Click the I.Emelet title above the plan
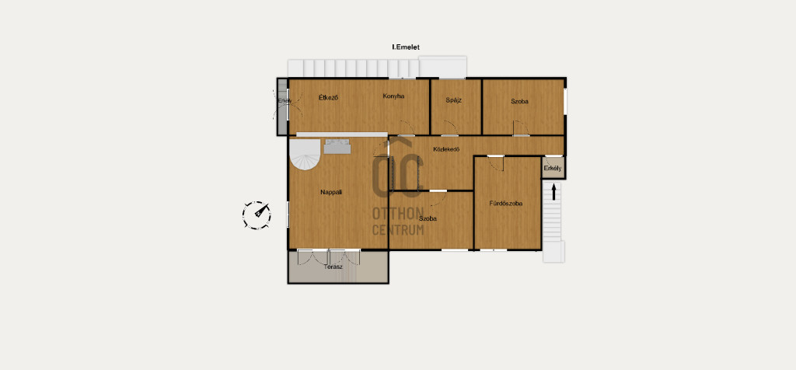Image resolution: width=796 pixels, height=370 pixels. click(x=406, y=47)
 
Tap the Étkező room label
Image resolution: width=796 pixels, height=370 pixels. click(x=329, y=97)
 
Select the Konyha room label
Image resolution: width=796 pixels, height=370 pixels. click(x=393, y=96)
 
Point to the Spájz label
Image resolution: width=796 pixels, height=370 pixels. click(x=454, y=100)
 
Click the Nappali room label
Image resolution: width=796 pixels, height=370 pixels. click(x=331, y=192)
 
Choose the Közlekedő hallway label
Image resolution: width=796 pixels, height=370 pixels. click(x=446, y=149)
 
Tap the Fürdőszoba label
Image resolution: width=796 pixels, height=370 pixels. click(x=506, y=204)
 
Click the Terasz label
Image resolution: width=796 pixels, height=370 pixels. click(x=333, y=267)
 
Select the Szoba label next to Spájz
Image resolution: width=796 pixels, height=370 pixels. click(x=519, y=101)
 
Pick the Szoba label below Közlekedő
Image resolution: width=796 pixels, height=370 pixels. click(x=428, y=218)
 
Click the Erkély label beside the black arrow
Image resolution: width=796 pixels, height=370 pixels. click(x=553, y=169)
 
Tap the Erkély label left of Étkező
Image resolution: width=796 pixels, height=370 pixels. click(x=285, y=100)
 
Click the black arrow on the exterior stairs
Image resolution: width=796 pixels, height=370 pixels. click(x=553, y=191)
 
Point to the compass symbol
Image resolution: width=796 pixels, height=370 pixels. click(x=257, y=215)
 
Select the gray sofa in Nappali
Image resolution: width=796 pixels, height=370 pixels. click(x=337, y=146)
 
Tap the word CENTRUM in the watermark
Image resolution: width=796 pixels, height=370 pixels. click(x=398, y=230)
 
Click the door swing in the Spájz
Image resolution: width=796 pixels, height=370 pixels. click(x=450, y=128)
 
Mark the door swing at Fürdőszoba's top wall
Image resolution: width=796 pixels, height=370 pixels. click(x=496, y=163)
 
